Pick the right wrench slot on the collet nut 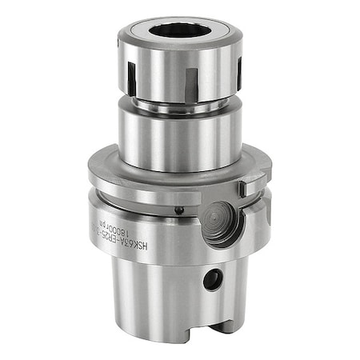point(231,73)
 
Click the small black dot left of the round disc point(179,211)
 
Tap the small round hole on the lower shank point(212,280)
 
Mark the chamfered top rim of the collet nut point(136,32)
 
